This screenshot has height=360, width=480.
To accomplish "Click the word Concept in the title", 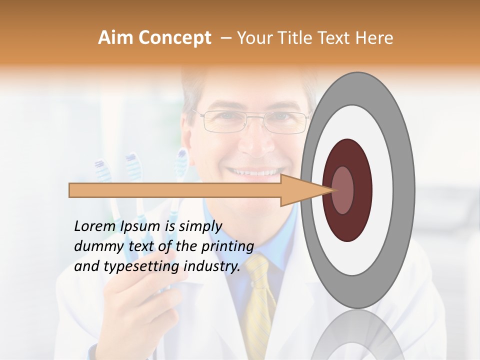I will [x=174, y=38].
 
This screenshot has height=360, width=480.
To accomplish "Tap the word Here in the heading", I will [x=375, y=38].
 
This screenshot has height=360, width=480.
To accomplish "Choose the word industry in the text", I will [x=211, y=266].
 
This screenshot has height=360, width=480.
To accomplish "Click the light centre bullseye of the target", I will [x=343, y=190].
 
